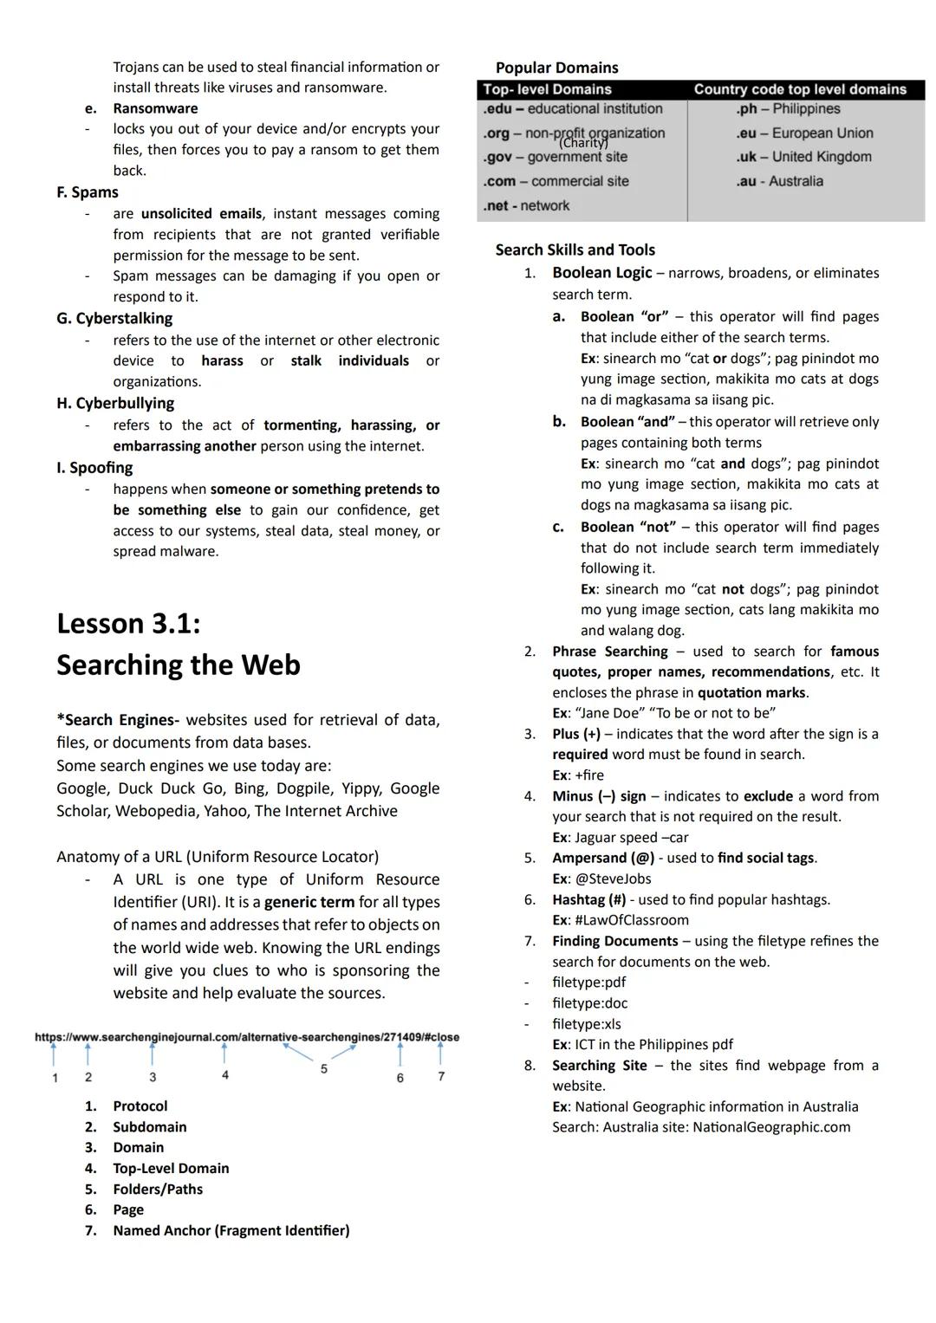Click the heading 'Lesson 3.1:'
(x=128, y=624)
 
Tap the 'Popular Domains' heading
(x=556, y=68)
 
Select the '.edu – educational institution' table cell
(x=573, y=109)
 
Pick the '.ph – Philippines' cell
(x=789, y=109)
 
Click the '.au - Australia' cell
(x=780, y=181)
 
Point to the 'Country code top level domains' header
(x=800, y=89)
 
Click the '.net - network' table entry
(x=526, y=205)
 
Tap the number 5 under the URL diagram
(x=324, y=1069)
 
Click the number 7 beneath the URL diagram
(x=441, y=1076)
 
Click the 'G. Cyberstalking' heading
(x=114, y=319)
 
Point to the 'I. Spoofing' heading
(x=94, y=468)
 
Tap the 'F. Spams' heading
(x=88, y=192)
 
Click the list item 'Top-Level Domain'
(x=171, y=1168)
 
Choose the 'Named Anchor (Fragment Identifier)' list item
(x=231, y=1230)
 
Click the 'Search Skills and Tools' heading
(x=575, y=250)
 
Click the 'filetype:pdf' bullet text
(x=588, y=983)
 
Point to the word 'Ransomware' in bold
(x=155, y=108)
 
